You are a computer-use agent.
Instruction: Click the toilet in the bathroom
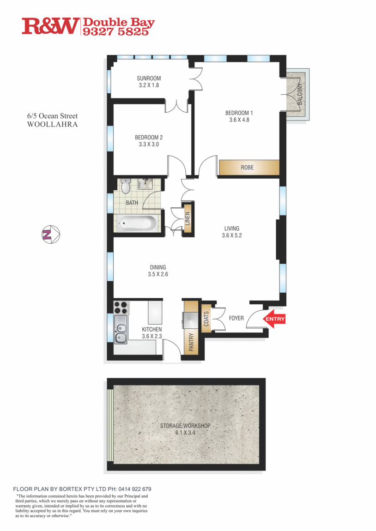125,187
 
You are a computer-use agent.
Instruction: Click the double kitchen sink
121,334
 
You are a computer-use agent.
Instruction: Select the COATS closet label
206,319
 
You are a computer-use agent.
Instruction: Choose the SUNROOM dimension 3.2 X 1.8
149,85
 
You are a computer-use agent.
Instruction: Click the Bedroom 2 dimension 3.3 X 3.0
149,144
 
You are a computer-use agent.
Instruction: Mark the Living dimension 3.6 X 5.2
232,235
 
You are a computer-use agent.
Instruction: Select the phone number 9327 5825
115,32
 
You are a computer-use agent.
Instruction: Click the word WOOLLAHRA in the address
52,125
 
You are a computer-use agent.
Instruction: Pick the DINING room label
158,267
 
